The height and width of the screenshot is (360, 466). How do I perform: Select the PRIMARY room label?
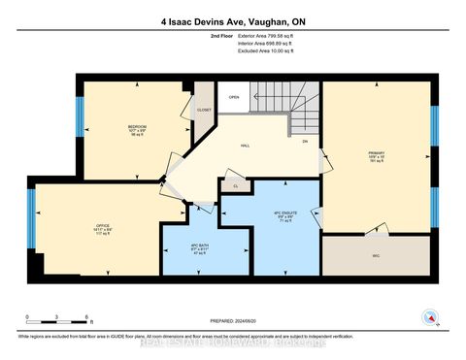(x=376, y=153)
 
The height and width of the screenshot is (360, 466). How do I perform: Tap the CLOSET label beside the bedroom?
(x=204, y=110)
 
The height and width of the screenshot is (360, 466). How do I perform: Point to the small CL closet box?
(x=235, y=184)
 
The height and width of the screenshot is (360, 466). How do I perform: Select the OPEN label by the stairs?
(x=234, y=97)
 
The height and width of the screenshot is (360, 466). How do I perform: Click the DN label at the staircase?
(x=304, y=142)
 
